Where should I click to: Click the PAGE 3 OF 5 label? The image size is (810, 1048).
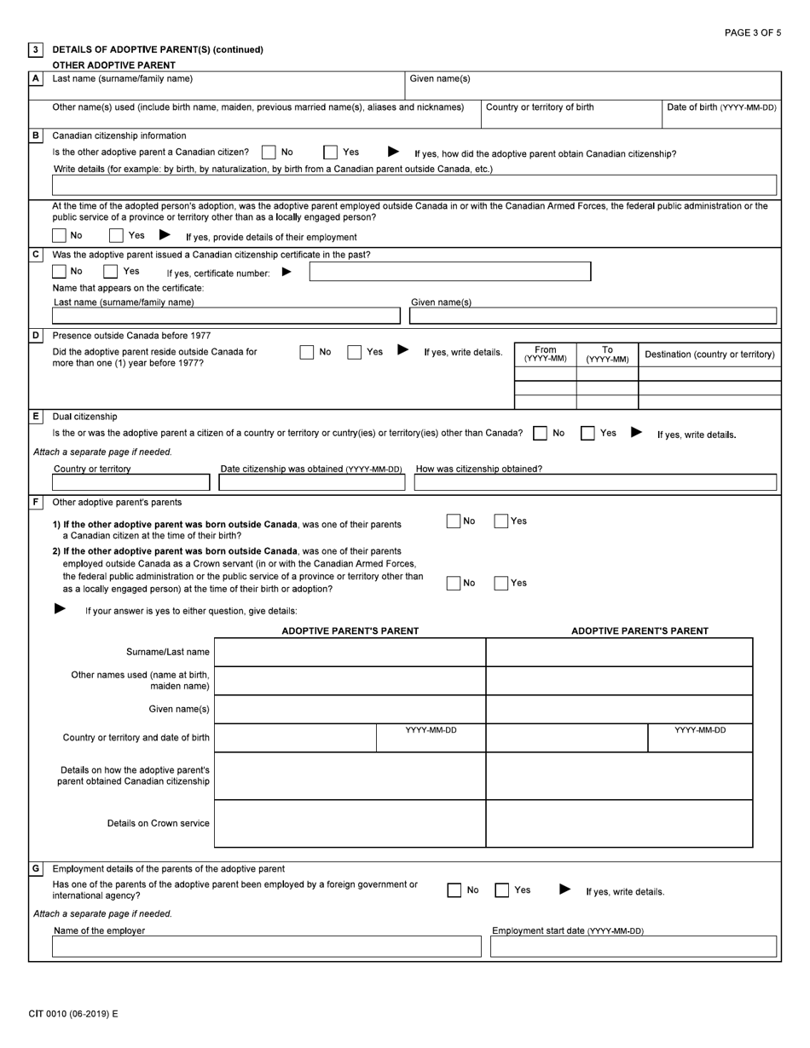(752, 32)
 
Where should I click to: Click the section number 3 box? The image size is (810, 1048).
(36, 49)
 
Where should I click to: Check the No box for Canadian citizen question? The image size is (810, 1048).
(269, 153)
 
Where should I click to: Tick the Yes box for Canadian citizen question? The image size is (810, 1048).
(330, 153)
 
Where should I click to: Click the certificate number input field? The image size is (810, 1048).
(449, 272)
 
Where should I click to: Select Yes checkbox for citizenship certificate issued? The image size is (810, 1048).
(110, 272)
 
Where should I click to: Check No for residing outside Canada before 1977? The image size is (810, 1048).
(307, 352)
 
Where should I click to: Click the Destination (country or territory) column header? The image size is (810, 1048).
(709, 354)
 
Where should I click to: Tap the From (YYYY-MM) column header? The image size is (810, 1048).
(546, 354)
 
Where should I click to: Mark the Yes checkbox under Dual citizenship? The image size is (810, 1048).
(587, 433)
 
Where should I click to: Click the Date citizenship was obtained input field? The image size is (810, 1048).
(311, 482)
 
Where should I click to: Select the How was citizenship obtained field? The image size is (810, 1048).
(595, 482)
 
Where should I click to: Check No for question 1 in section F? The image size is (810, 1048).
(454, 521)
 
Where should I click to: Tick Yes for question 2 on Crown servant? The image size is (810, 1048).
(501, 583)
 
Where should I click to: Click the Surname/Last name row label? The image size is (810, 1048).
(167, 652)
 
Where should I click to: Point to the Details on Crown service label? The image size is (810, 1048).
(158, 823)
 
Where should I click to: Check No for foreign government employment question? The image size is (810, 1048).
(454, 890)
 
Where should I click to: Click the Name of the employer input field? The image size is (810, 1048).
(266, 947)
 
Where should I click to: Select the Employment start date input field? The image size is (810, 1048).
(634, 947)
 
